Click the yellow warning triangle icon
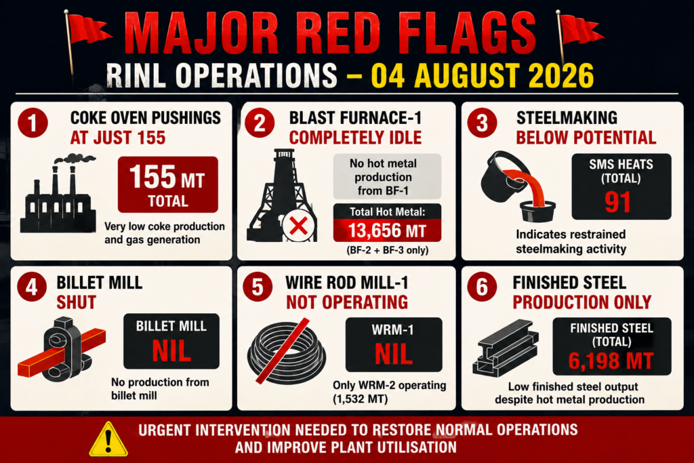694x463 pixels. tap(108, 439)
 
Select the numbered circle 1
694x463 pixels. tap(33, 123)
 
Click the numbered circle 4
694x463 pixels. tap(32, 287)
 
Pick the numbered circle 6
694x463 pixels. tap(482, 287)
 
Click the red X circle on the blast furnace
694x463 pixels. tap(298, 226)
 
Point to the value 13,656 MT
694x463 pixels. tap(387, 230)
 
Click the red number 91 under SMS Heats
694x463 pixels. tap(618, 202)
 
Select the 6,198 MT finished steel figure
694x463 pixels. tap(611, 361)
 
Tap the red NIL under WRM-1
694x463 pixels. tap(394, 355)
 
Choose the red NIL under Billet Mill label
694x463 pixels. tap(171, 351)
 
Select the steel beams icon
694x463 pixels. tap(506, 348)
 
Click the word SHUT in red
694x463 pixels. tap(76, 302)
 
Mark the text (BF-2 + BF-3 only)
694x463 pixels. tap(387, 250)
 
